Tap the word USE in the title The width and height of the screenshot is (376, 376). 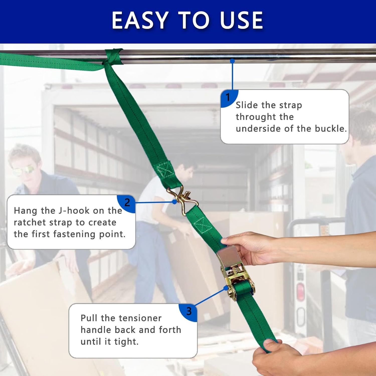[241, 20]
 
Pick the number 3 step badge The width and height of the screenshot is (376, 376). [189, 312]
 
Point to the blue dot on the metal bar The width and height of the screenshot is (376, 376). [232, 61]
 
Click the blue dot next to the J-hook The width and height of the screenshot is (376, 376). [175, 202]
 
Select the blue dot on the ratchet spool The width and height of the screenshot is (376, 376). [226, 288]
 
